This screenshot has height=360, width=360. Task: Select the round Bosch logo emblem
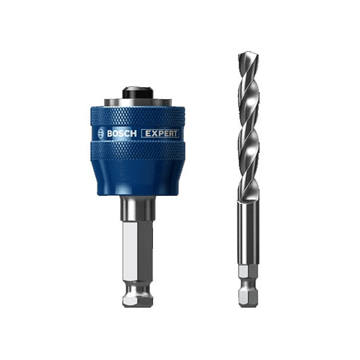(101, 133)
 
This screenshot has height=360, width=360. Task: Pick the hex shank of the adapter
(137, 247)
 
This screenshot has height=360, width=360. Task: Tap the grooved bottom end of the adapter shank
(137, 294)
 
